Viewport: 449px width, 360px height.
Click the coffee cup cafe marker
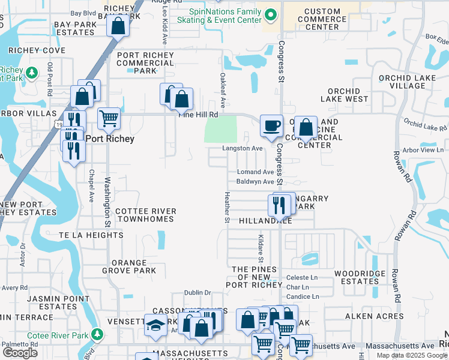pyautogui.click(x=271, y=126)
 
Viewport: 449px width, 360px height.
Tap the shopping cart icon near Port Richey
pyautogui.click(x=109, y=118)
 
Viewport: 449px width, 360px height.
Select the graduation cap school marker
pyautogui.click(x=156, y=325)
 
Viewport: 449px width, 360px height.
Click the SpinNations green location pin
pyautogui.click(x=271, y=14)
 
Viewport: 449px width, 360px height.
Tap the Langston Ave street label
pyautogui.click(x=243, y=148)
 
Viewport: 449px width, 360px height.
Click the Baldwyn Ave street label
pyautogui.click(x=255, y=181)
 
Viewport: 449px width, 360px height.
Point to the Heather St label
pyautogui.click(x=227, y=207)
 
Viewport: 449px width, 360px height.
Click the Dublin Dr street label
pyautogui.click(x=198, y=293)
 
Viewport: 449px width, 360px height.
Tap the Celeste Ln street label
pyautogui.click(x=301, y=278)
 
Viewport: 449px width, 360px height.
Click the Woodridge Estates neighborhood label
pyautogui.click(x=357, y=277)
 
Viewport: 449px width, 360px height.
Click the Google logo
pyautogui.click(x=20, y=353)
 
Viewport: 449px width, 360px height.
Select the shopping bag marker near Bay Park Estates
pyautogui.click(x=118, y=26)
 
